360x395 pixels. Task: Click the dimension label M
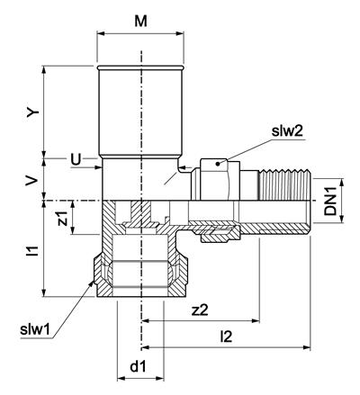coord(140,22)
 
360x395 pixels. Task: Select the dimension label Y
coord(33,112)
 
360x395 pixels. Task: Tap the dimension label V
coord(32,180)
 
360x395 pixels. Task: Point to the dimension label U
coord(76,159)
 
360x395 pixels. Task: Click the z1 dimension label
coord(63,218)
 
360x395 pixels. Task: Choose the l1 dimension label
coord(35,251)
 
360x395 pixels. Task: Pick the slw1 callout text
coord(35,329)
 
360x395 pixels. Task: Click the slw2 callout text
coord(287,131)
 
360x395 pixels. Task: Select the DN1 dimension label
coord(330,202)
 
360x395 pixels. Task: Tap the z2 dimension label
coord(200,310)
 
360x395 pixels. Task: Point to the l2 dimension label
coord(226,337)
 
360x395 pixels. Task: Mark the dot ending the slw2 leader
coord(218,164)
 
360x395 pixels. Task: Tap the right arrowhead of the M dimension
coord(180,33)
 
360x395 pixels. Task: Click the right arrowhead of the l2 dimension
coord(307,347)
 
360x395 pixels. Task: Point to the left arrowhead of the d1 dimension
coord(121,379)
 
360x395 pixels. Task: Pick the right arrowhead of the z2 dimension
coord(256,321)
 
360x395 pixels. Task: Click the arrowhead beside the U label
coord(99,166)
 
